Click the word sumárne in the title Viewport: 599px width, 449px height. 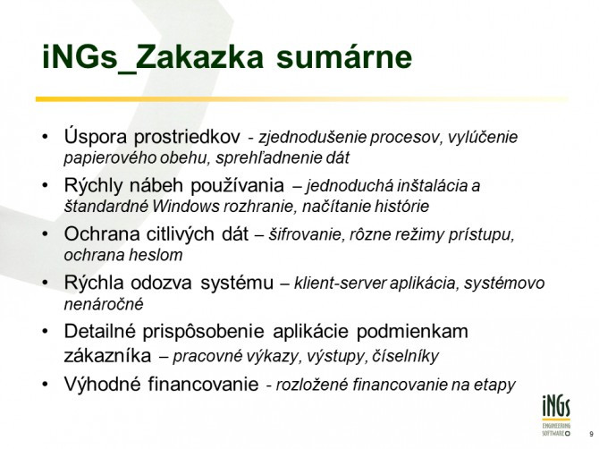tap(344, 57)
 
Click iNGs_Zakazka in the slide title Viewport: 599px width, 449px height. tap(153, 58)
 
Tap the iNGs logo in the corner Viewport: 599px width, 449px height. tap(556, 416)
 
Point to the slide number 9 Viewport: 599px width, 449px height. tap(591, 434)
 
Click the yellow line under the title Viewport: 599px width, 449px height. tap(302, 99)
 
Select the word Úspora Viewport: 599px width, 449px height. tap(96, 137)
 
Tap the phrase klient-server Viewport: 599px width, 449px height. tap(340, 284)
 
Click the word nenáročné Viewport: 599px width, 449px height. tap(104, 305)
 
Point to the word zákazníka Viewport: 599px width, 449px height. tap(107, 356)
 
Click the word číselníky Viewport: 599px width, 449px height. tap(405, 356)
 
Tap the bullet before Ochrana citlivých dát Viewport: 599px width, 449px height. tap(46, 233)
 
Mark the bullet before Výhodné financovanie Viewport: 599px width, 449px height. tap(46, 384)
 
